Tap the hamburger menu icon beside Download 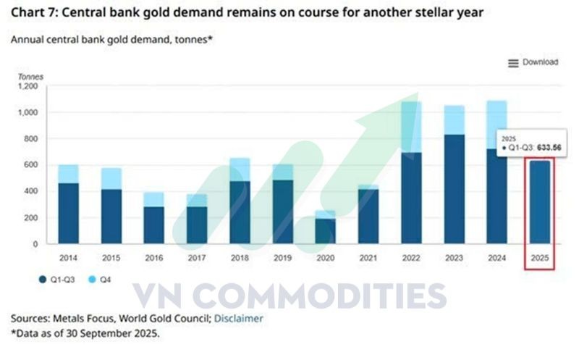513,63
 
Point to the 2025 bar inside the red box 541,202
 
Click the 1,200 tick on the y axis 27,86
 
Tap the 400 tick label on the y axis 30,192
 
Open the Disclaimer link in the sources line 238,318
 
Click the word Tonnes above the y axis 31,76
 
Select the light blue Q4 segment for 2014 68,174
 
